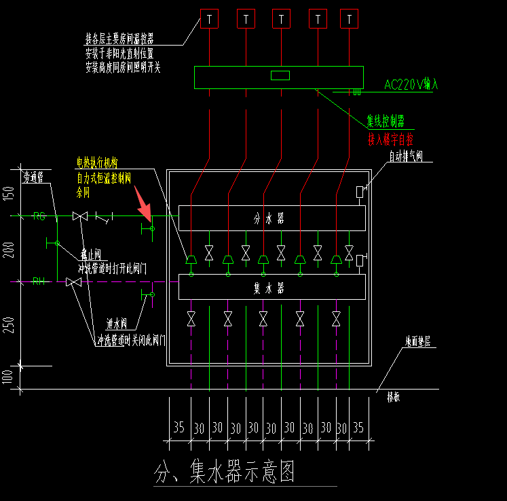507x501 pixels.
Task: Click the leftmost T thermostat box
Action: coord(210,19)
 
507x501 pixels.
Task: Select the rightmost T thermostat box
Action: coord(349,19)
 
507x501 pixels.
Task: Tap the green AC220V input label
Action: coord(411,85)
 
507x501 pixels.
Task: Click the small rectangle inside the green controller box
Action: coord(280,75)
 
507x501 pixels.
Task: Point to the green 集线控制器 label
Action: coord(386,122)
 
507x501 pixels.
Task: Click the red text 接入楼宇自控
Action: coord(390,139)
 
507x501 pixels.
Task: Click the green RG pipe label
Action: coord(39,216)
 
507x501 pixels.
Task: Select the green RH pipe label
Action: coord(39,281)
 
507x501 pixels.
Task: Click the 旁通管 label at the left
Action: coord(33,177)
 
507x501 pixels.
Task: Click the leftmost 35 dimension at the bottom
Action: coord(179,428)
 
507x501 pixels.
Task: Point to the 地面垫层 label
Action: coord(417,341)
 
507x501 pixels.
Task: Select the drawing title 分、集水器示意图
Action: coord(225,472)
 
